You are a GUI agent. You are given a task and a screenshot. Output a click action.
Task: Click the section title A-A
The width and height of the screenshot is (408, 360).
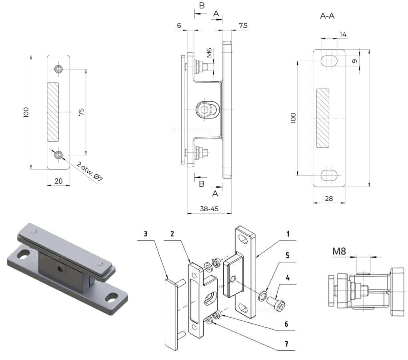click(x=327, y=16)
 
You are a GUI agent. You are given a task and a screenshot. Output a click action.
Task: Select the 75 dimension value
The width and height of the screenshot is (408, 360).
click(x=81, y=112)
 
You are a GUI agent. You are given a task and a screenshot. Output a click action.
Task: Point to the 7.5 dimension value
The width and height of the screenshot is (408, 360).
click(x=243, y=25)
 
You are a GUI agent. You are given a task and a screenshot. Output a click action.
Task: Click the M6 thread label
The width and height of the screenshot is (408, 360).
click(x=209, y=53)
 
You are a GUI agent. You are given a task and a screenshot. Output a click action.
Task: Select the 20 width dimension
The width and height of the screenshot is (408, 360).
click(x=58, y=181)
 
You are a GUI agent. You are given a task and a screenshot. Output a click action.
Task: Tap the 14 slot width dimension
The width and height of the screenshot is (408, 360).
click(x=342, y=34)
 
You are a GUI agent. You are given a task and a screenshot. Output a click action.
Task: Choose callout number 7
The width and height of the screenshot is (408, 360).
click(x=286, y=344)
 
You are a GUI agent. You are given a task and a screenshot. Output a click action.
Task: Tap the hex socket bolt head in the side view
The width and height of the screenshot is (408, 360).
click(x=205, y=110)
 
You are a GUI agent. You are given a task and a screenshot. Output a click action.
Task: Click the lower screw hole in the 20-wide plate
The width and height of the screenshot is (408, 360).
click(x=59, y=155)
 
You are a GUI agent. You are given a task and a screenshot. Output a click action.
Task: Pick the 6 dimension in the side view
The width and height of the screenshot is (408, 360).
click(x=179, y=25)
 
